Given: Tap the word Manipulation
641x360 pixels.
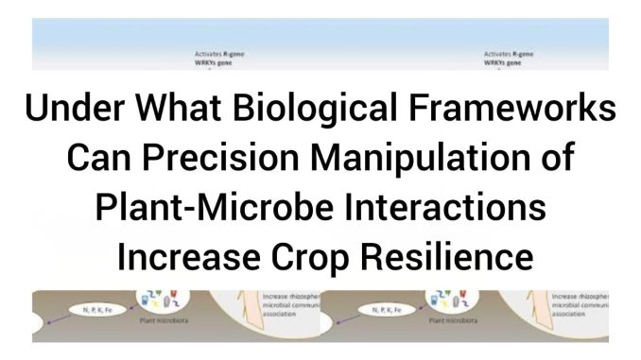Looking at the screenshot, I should (412, 159).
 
